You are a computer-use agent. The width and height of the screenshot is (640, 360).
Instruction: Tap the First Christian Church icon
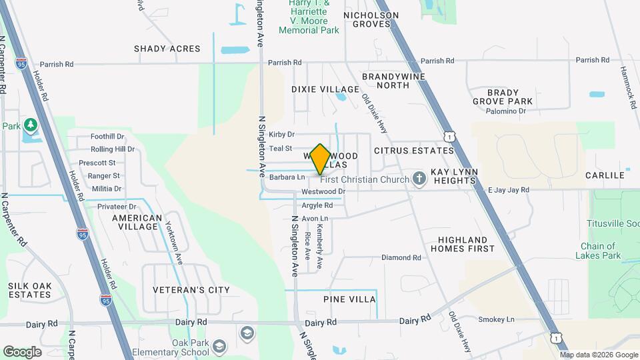point(419,179)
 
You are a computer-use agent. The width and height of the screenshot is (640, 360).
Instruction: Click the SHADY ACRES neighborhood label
point(167,49)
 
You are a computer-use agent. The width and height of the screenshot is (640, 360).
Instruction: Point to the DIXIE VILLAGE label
point(325,89)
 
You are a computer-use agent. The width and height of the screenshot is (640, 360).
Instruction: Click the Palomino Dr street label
point(506,111)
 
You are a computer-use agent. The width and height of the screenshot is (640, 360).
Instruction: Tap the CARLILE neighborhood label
point(605,175)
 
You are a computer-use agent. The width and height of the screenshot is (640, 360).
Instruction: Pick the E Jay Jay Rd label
point(508,190)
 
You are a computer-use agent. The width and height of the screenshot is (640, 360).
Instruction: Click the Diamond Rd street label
point(401,257)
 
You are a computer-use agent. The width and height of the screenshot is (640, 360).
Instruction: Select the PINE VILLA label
point(350,299)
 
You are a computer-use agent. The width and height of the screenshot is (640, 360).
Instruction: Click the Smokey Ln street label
point(500,320)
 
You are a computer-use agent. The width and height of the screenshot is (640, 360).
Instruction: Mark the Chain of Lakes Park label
point(600,251)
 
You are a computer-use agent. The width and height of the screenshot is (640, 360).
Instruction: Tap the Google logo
point(22,352)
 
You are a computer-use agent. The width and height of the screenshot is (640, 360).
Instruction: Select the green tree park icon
point(30,125)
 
